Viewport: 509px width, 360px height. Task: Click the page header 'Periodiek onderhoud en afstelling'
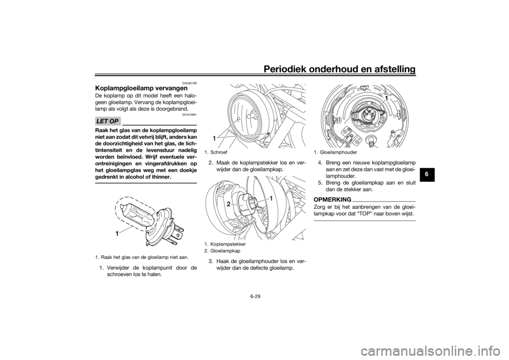pyautogui.click(x=339, y=69)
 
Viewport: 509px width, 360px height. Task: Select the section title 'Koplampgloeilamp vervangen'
pyautogui.click(x=141, y=89)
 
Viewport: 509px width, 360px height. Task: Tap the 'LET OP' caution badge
pyautogui.click(x=108, y=121)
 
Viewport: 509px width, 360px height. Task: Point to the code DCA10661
pyautogui.click(x=191, y=115)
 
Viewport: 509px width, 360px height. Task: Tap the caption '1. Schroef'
pyautogui.click(x=216, y=152)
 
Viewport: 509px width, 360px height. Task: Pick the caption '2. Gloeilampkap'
pyautogui.click(x=222, y=251)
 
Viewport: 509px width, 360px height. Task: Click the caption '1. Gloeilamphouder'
pyautogui.click(x=335, y=152)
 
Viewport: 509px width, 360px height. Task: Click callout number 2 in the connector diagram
pyautogui.click(x=229, y=204)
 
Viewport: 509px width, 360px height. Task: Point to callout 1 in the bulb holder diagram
pyautogui.click(x=387, y=98)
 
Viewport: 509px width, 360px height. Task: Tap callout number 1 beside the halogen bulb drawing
pyautogui.click(x=116, y=233)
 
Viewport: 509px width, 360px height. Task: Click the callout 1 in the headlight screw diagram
pyautogui.click(x=214, y=138)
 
